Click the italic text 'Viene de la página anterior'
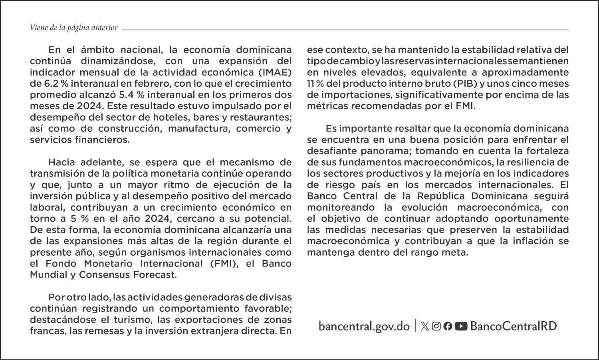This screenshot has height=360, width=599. [x=73, y=28]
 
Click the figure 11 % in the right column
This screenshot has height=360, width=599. [x=315, y=84]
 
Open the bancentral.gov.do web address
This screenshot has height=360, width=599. [x=364, y=326]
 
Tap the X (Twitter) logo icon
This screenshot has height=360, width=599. [x=425, y=326]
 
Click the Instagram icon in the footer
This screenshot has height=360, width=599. [x=436, y=326]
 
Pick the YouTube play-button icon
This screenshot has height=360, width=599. [x=461, y=326]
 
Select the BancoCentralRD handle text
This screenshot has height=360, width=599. [x=514, y=326]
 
